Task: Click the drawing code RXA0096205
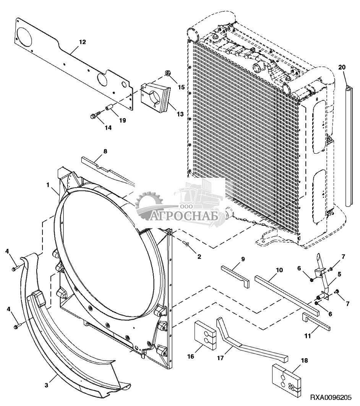pyautogui.click(x=332, y=398)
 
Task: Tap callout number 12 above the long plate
pyautogui.click(x=82, y=42)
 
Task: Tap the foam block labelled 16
pyautogui.click(x=205, y=335)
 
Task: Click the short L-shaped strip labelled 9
pyautogui.click(x=235, y=276)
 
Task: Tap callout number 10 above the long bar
pyautogui.click(x=279, y=270)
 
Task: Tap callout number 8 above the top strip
pyautogui.click(x=105, y=151)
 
